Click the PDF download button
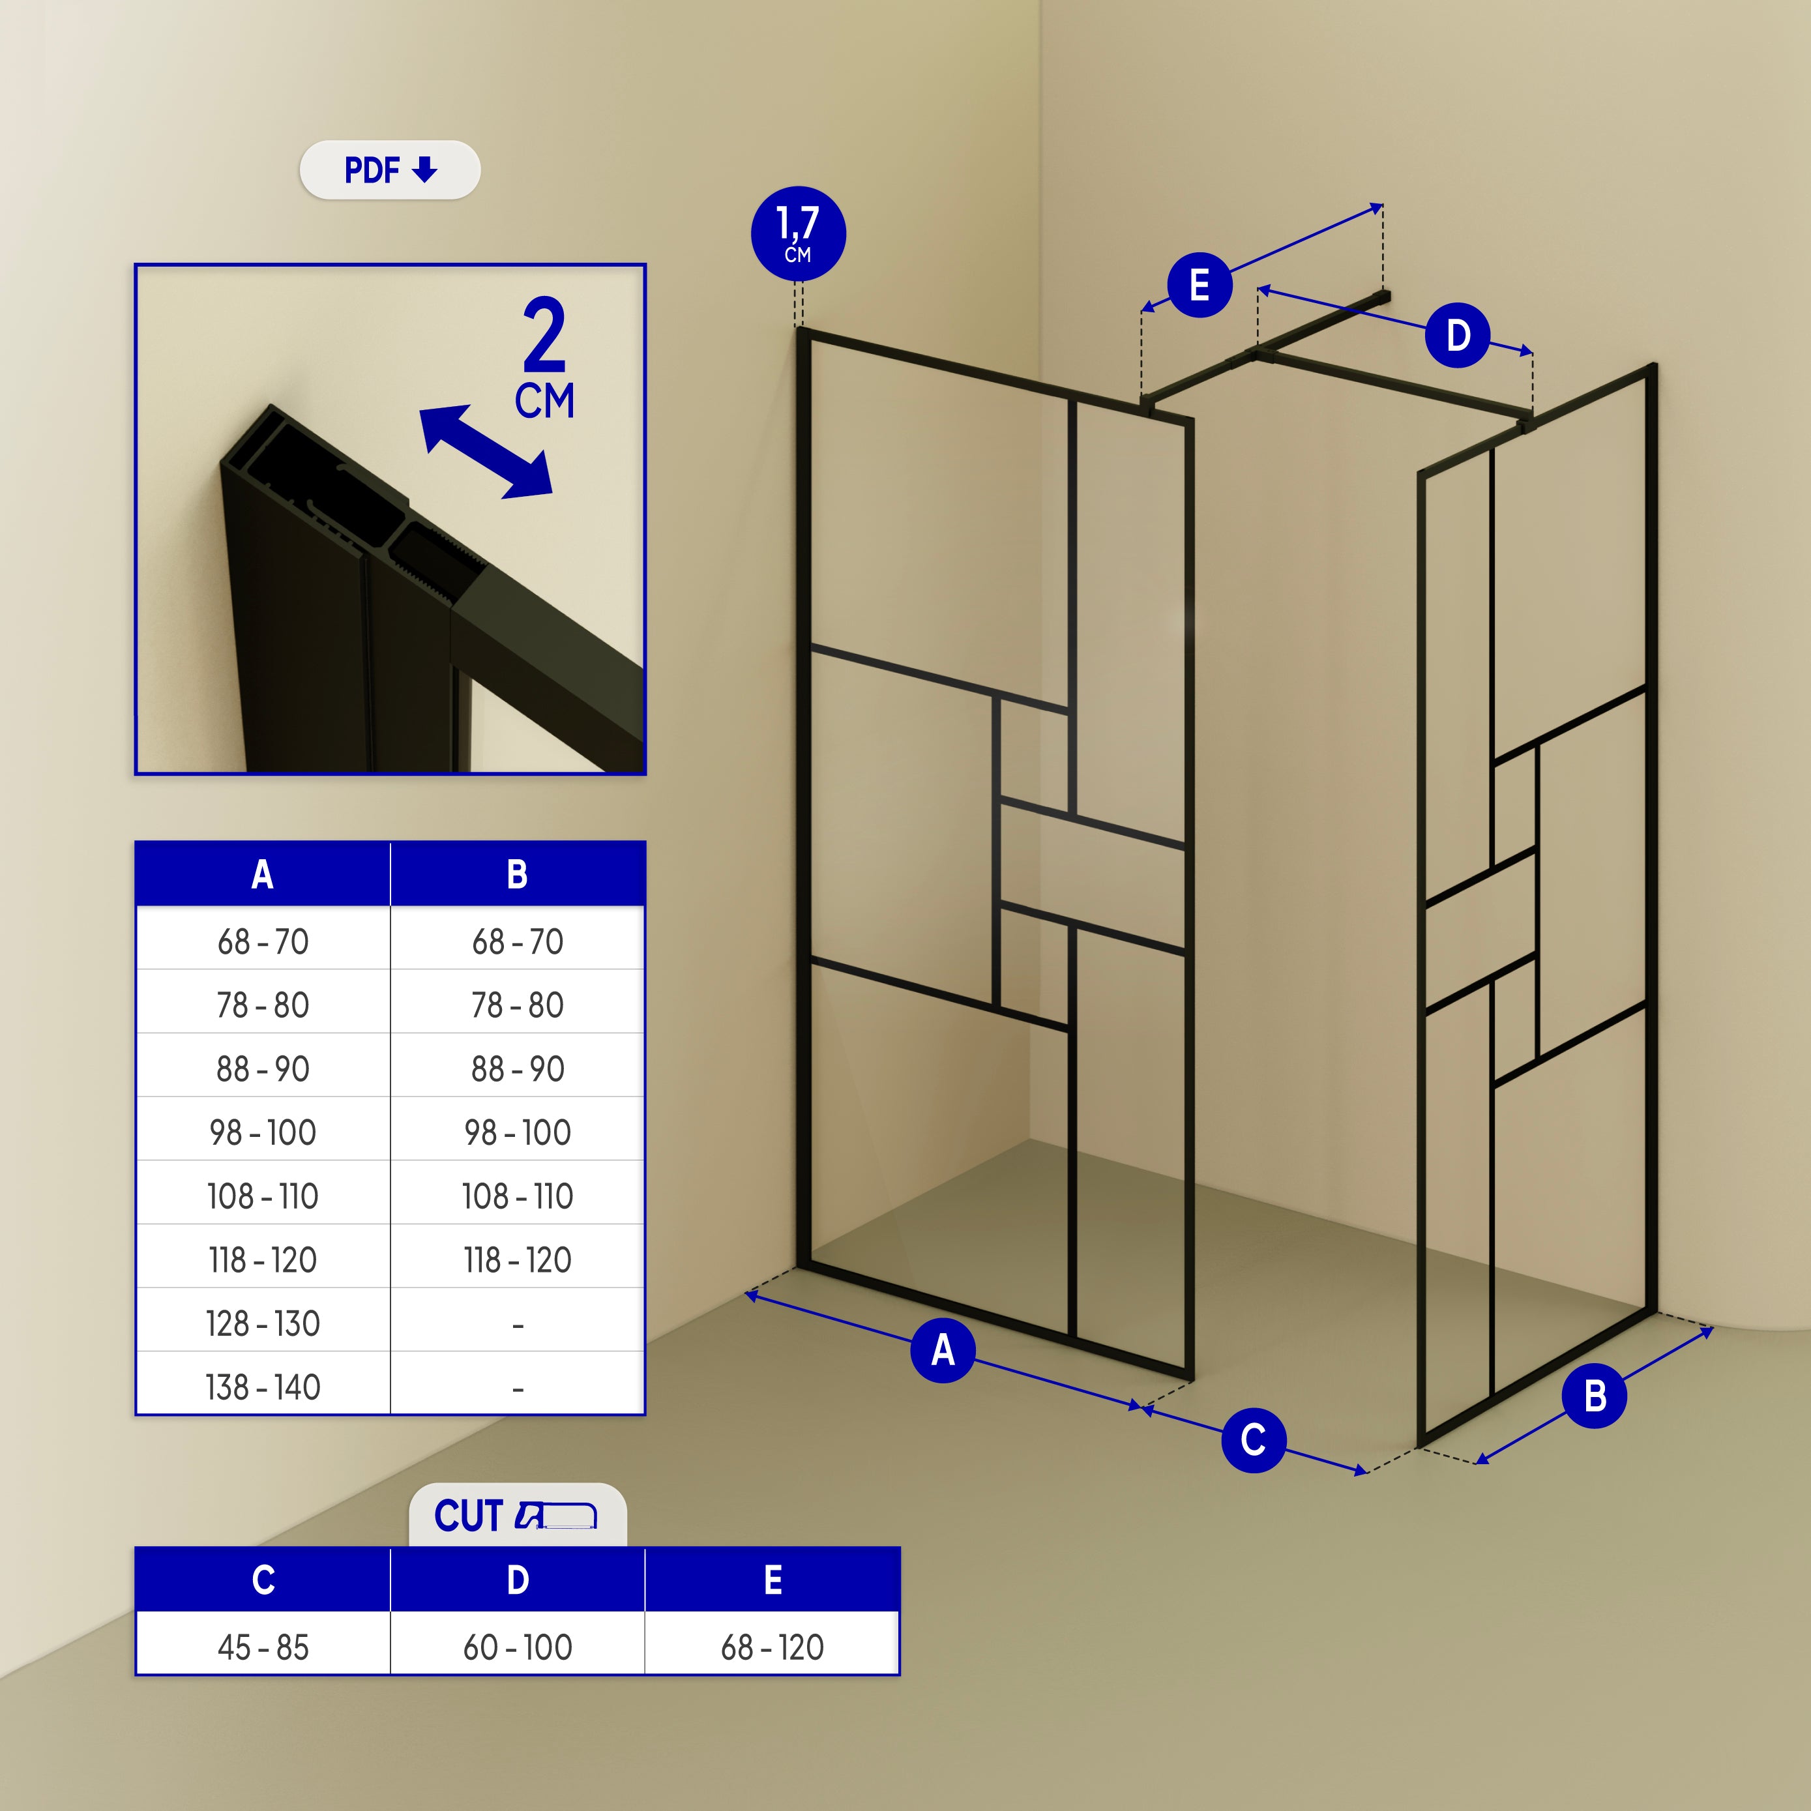click(389, 169)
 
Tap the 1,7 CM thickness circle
click(798, 233)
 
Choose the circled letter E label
click(1199, 285)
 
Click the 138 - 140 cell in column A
click(263, 1387)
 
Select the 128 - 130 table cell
click(263, 1323)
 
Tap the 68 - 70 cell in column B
click(518, 941)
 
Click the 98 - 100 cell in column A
click(263, 1132)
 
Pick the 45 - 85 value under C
click(263, 1647)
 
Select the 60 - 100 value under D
click(518, 1647)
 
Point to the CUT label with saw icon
click(516, 1516)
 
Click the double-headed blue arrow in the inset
click(486, 452)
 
